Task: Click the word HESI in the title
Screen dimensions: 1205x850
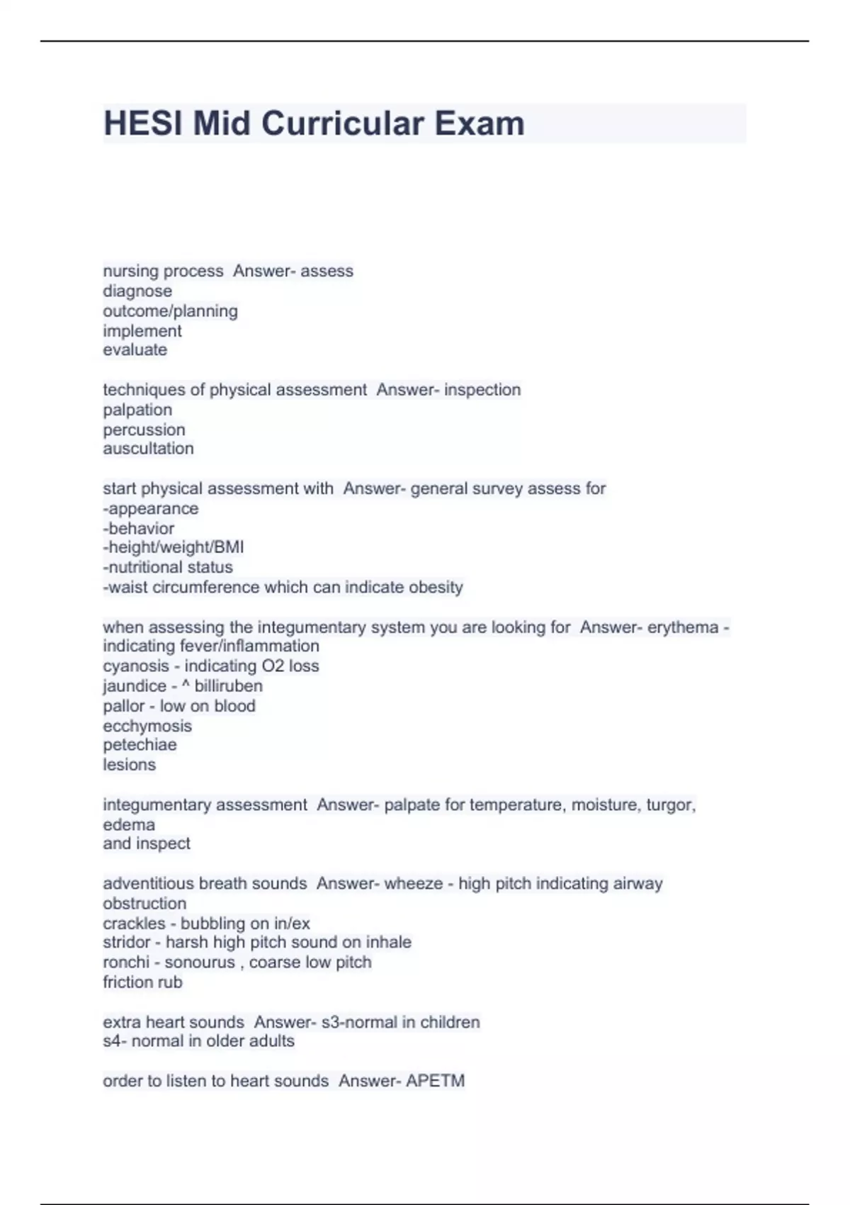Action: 143,123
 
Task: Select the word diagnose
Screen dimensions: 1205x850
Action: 137,291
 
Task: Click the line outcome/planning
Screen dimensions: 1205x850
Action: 170,311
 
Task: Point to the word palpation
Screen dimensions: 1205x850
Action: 137,410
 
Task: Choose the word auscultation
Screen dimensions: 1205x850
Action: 148,449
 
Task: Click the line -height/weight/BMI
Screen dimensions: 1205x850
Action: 174,547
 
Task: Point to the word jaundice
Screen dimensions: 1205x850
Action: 135,686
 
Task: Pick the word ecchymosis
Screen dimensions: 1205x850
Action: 147,726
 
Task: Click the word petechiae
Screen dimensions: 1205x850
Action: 140,745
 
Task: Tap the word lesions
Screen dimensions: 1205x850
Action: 129,765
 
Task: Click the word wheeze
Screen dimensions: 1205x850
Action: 415,884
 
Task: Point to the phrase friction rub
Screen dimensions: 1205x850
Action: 142,982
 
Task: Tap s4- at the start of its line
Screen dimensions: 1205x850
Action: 115,1041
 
